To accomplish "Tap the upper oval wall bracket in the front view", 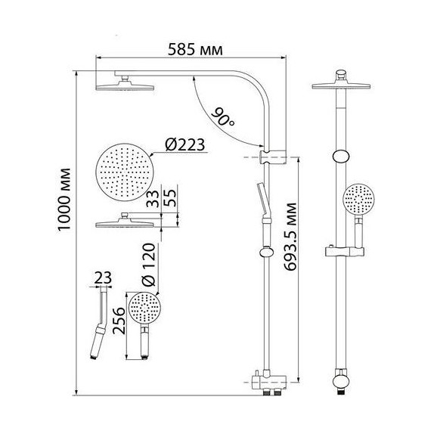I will (340, 157).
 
